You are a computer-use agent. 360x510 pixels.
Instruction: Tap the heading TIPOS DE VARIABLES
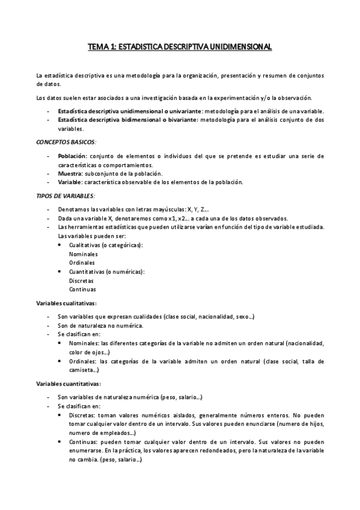click(61, 196)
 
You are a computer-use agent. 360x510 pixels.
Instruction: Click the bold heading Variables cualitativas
click(66, 303)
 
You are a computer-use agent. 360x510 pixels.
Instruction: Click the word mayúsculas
click(166, 209)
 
